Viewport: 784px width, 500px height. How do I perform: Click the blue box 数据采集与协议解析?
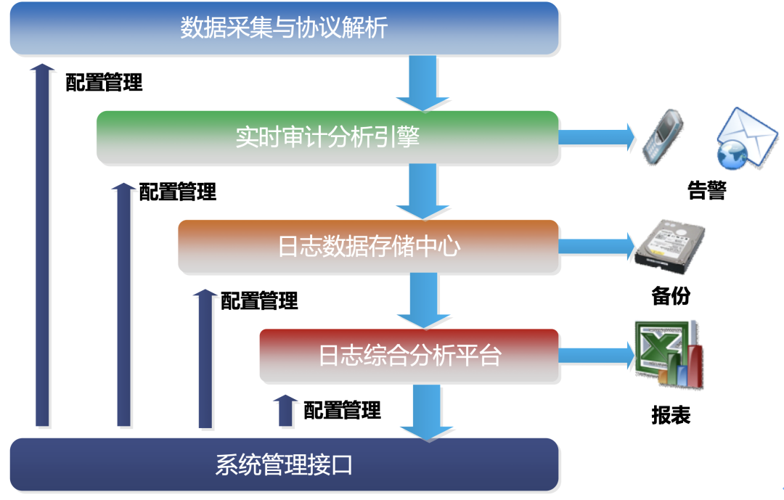coord(284,28)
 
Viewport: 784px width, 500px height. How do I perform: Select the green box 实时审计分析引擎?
coord(327,136)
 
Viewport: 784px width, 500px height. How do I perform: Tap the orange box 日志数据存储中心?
coord(368,246)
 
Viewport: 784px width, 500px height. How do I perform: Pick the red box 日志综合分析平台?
coord(409,356)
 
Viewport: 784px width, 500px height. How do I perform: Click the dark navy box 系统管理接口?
coord(284,464)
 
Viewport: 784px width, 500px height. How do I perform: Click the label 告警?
coord(706,191)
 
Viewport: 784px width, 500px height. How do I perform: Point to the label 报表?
coord(670,415)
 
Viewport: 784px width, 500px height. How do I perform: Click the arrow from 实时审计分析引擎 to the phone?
coord(595,136)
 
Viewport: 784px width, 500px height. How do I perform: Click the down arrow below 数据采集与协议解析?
coord(417,82)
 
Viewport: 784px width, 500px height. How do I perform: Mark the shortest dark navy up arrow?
coord(286,411)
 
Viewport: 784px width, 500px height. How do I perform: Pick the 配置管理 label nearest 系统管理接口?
coord(342,410)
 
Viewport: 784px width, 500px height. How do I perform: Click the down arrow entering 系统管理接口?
coord(417,411)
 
